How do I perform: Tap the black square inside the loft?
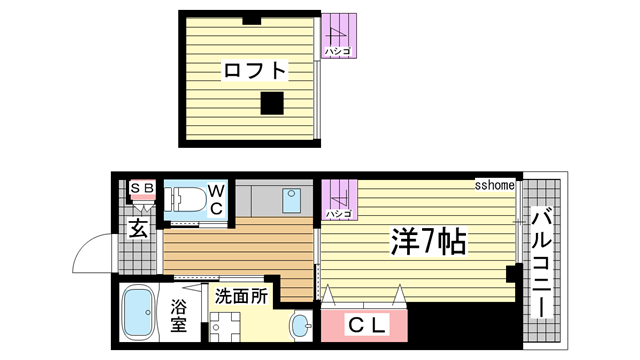click(x=270, y=101)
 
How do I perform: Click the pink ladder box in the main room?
click(x=337, y=199)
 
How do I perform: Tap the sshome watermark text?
click(x=494, y=185)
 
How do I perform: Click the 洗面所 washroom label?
click(x=240, y=296)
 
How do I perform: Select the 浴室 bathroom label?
click(x=178, y=315)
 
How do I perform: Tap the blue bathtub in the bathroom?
click(x=135, y=314)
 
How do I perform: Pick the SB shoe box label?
click(x=142, y=187)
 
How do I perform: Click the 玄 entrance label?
click(x=139, y=228)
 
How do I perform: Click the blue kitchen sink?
click(x=293, y=199)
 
